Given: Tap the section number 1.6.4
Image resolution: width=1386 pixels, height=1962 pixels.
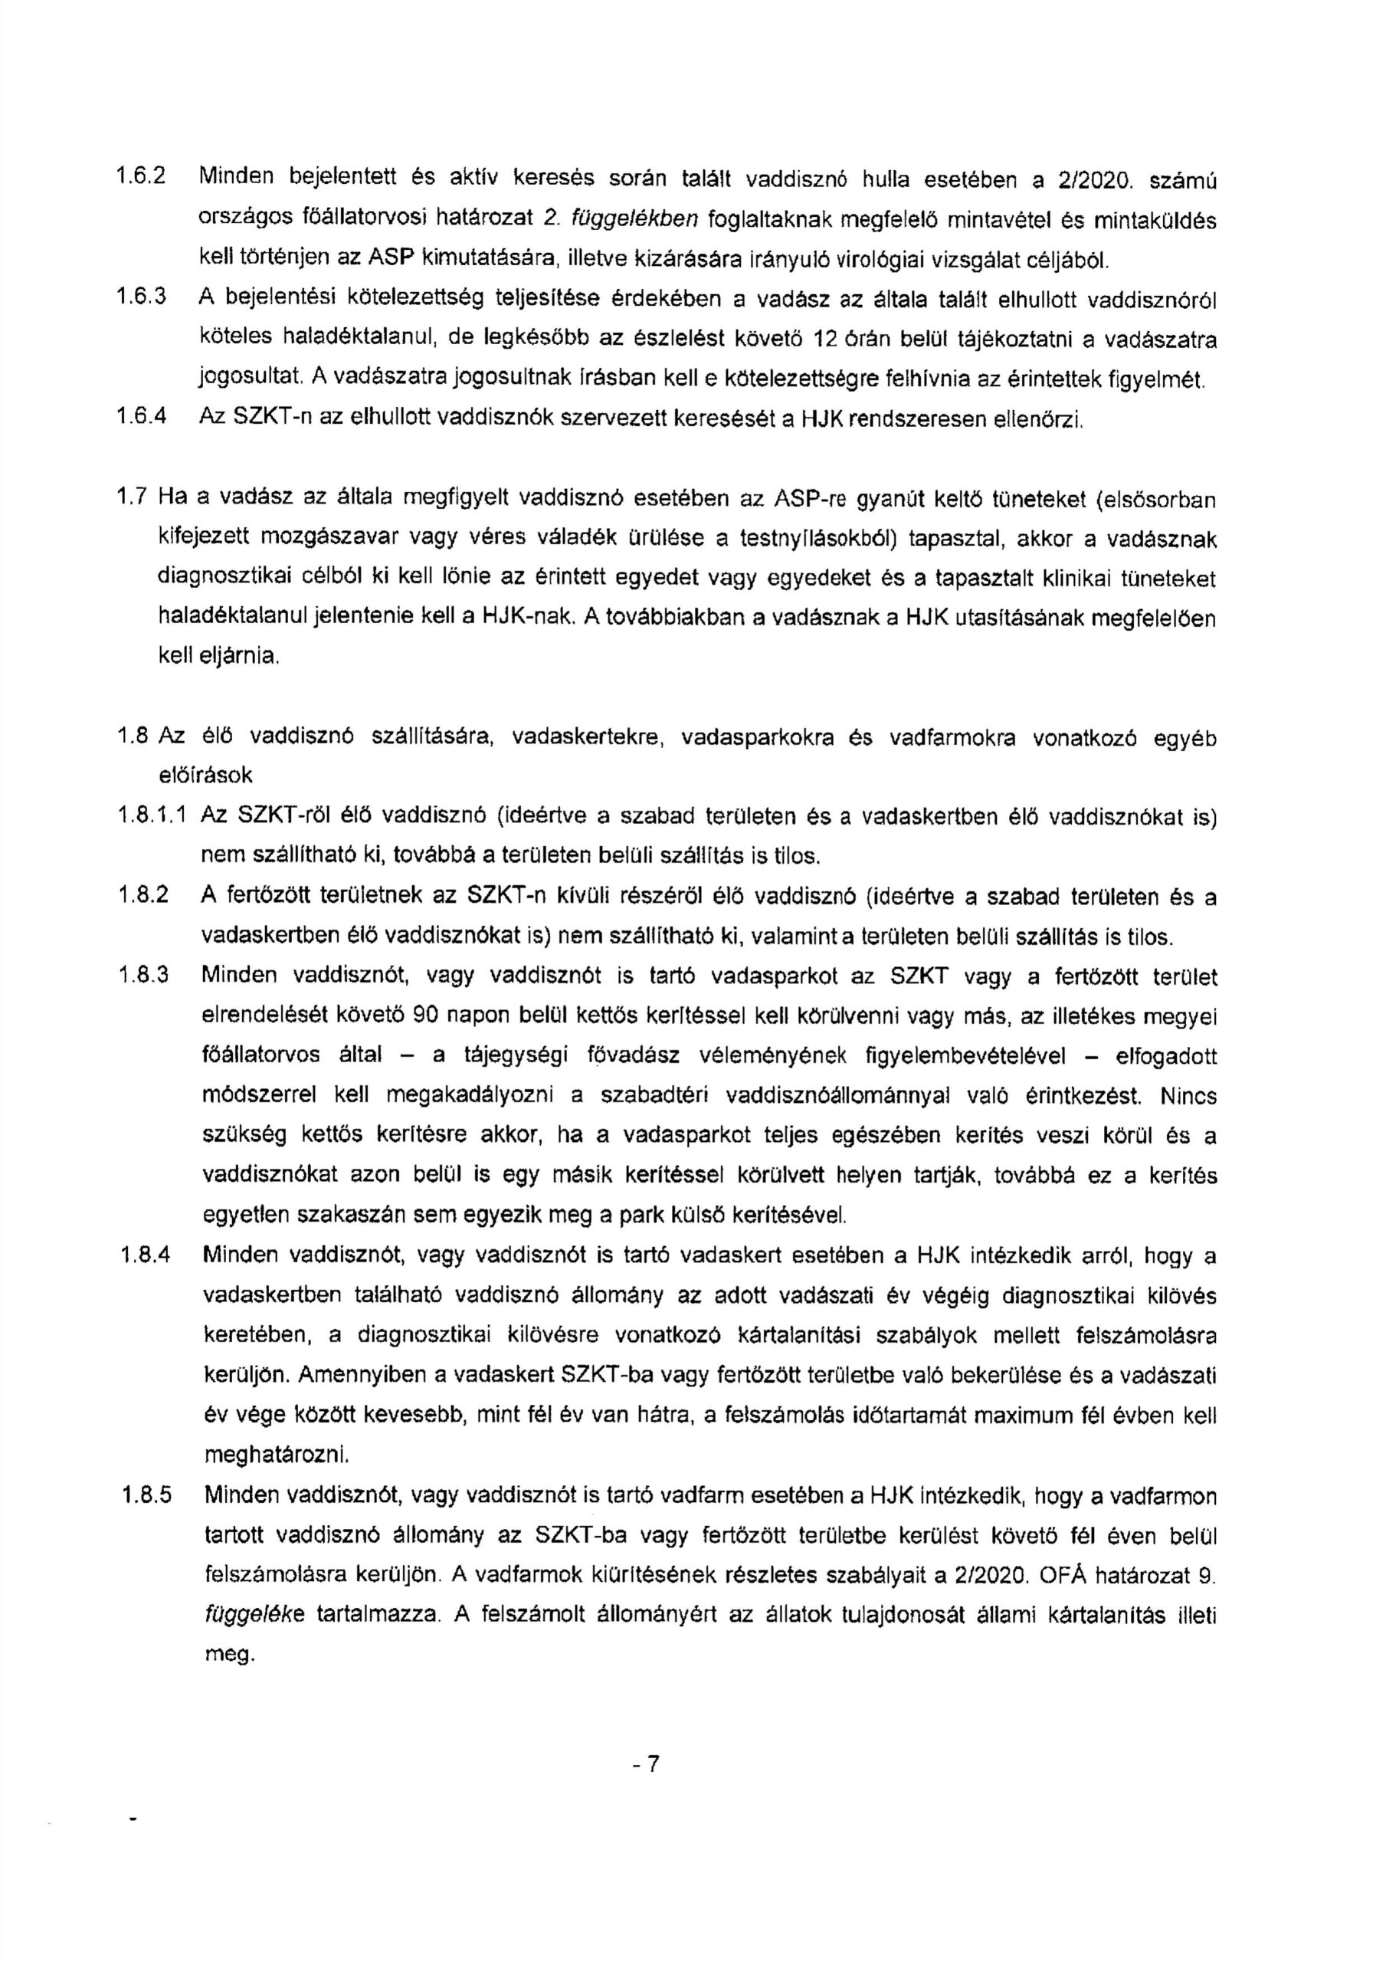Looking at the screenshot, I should [x=140, y=418].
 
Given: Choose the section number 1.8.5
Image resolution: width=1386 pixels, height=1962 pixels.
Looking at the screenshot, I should [x=146, y=1496].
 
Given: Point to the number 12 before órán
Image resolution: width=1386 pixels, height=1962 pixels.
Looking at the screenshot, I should [x=824, y=339].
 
